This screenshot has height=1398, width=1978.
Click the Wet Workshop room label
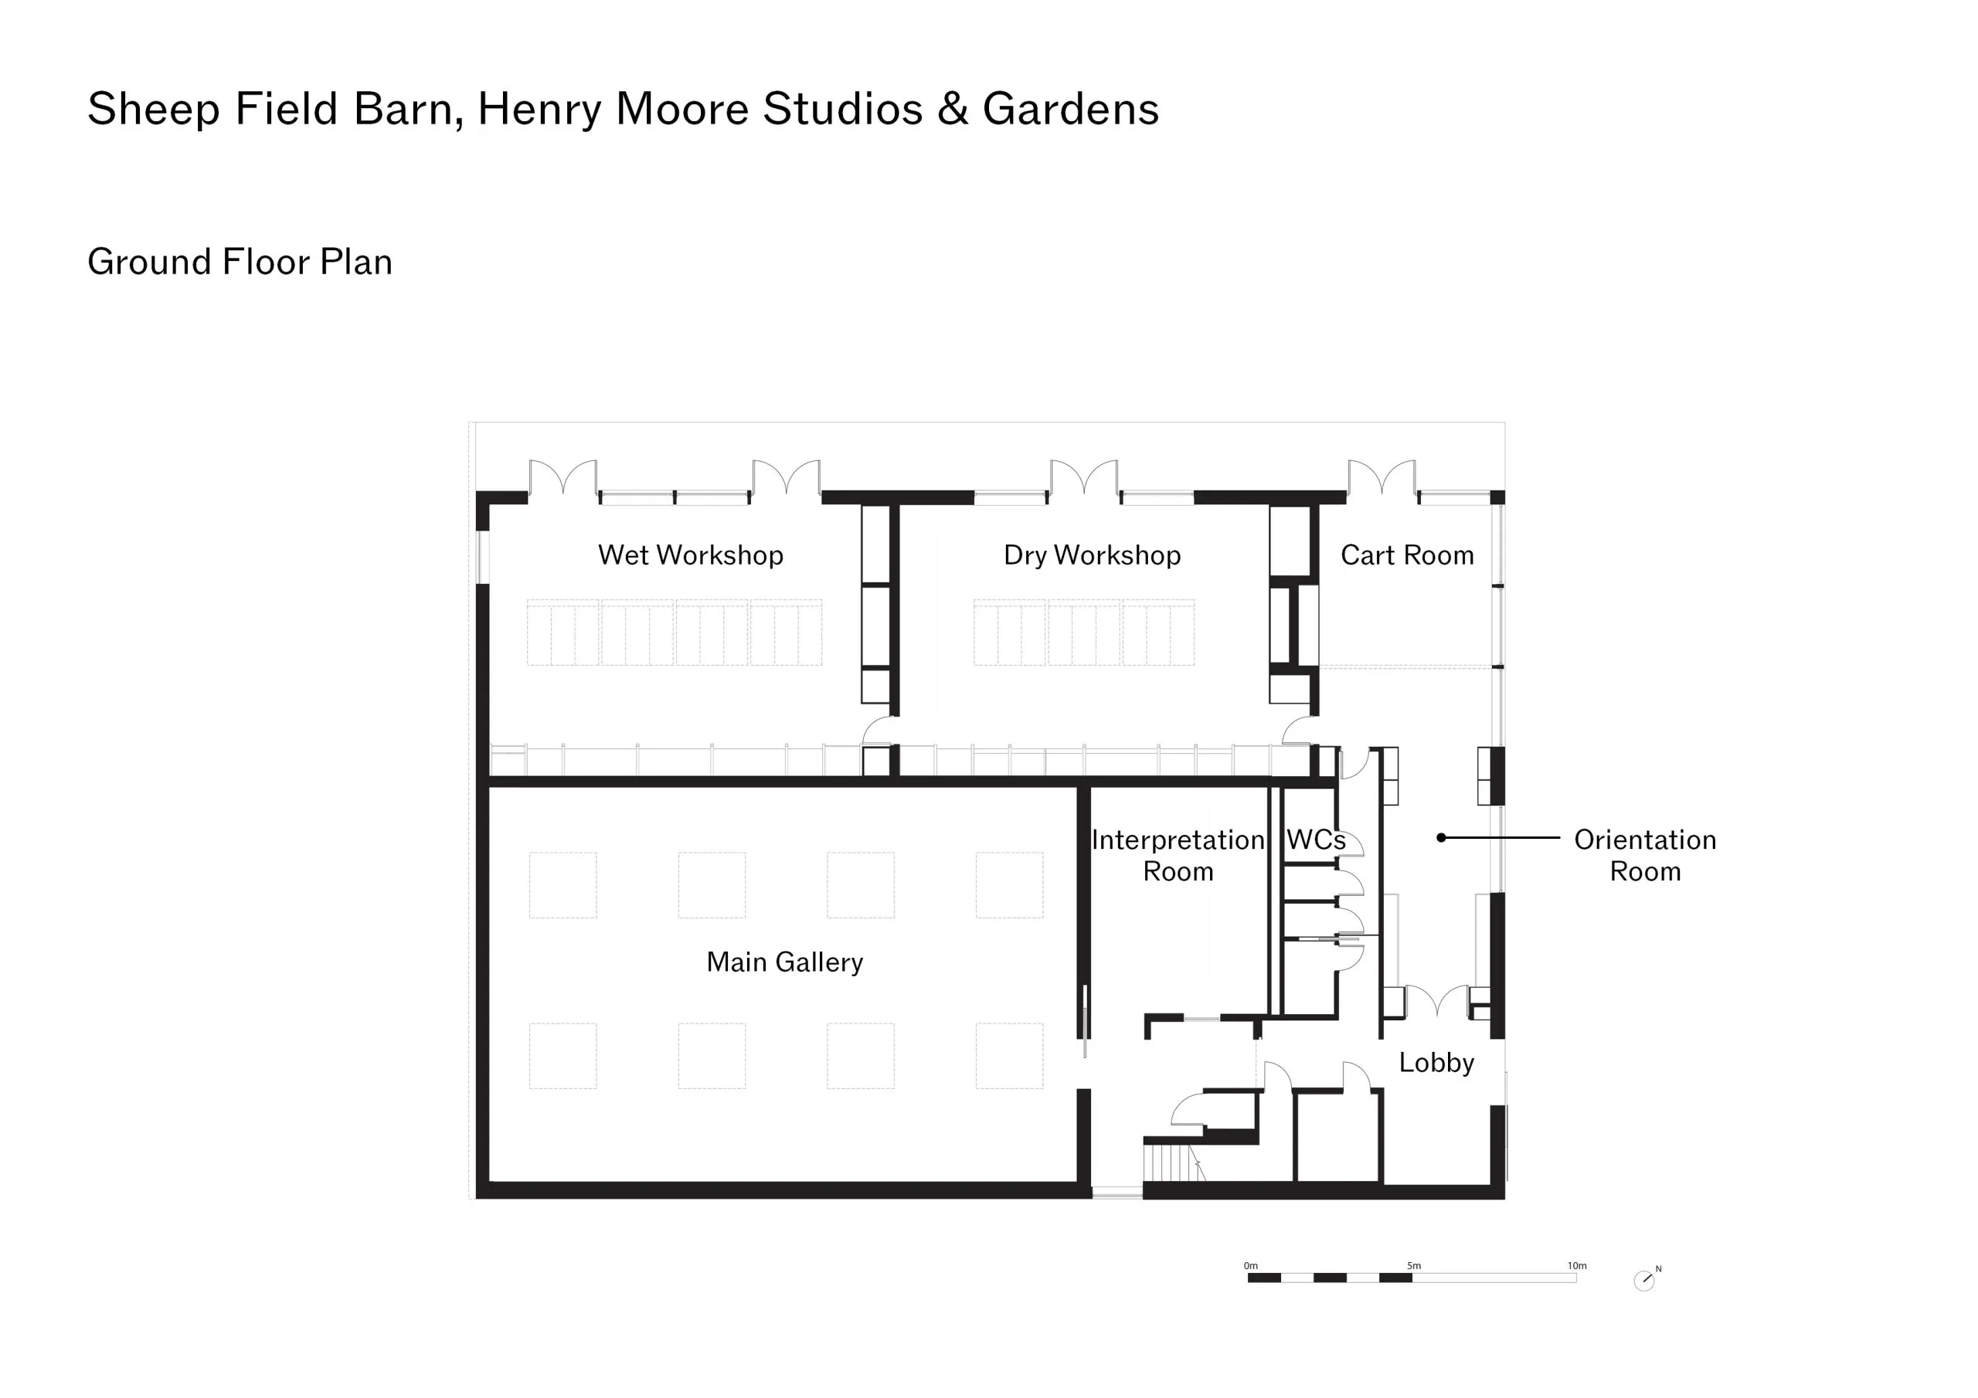point(690,555)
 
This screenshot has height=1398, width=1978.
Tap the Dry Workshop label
point(1092,555)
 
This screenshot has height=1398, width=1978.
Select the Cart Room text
point(1407,555)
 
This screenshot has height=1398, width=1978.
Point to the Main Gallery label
point(784,962)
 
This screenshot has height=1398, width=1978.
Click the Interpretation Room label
point(1178,855)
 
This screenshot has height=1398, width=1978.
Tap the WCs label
point(1316,840)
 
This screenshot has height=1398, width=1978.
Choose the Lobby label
point(1436,1063)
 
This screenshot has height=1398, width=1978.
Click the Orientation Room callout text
point(1645,855)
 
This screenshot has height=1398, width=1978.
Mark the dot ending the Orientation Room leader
point(1441,837)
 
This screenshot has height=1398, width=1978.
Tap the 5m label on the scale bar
point(1414,1265)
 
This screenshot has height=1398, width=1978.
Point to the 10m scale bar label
point(1576,1265)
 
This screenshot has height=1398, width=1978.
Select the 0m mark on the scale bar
point(1251,1265)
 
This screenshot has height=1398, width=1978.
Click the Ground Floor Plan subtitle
point(240,262)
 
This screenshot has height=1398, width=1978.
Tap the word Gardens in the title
point(1071,110)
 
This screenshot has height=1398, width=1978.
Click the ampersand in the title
point(953,110)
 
